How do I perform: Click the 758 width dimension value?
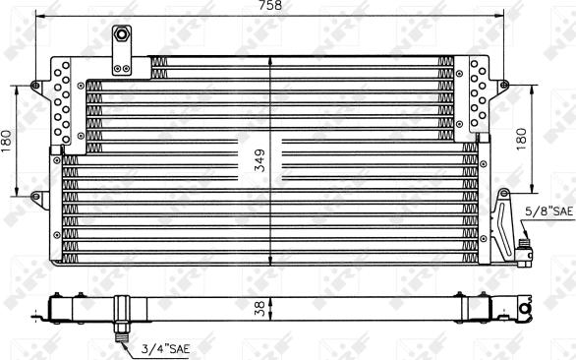click(269, 5)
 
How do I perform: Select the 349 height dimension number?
click(260, 160)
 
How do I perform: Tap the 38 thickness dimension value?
click(259, 309)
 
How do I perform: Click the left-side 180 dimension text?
click(6, 142)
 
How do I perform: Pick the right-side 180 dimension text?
click(521, 139)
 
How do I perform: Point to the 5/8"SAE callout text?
click(548, 211)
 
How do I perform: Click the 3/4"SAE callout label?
click(165, 348)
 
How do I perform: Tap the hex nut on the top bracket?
click(121, 34)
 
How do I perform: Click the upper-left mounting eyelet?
click(35, 86)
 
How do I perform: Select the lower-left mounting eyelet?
click(35, 196)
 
